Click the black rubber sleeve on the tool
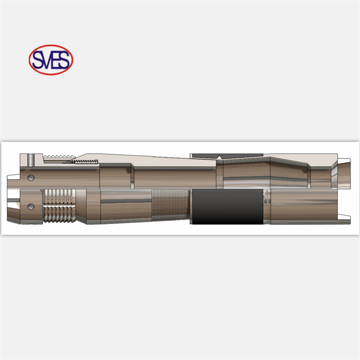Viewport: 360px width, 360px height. [x=226, y=207]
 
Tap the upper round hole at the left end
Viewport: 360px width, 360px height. [x=31, y=177]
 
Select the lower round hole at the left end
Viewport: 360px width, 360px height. [x=31, y=207]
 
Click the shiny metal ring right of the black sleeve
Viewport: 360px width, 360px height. [x=267, y=207]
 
